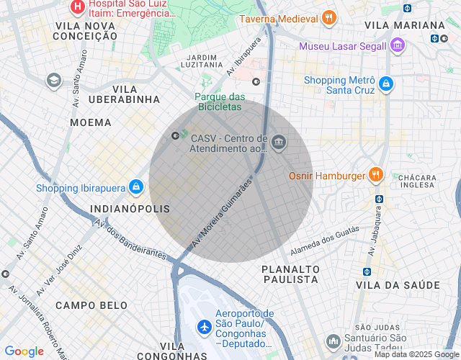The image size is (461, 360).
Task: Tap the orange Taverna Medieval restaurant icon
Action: click(x=328, y=19)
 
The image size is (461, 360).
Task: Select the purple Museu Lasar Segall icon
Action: click(x=398, y=47)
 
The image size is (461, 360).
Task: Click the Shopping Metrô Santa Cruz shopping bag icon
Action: click(x=387, y=84)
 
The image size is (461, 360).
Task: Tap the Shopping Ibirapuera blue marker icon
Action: click(x=135, y=188)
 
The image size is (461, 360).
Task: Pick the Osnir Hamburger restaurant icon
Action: click(x=375, y=175)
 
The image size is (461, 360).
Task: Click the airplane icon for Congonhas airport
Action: click(x=204, y=326)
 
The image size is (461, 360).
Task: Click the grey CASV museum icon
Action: click(x=278, y=143)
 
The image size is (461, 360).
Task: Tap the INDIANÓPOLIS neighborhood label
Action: click(x=130, y=209)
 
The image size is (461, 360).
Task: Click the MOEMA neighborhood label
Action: click(x=91, y=122)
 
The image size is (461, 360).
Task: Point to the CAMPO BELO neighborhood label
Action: click(x=92, y=305)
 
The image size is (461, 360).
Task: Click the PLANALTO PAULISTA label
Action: click(x=290, y=274)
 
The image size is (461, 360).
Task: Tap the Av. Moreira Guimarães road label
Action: click(x=223, y=215)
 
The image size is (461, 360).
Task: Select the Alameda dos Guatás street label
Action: click(x=324, y=241)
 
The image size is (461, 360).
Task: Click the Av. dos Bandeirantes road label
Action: click(x=132, y=240)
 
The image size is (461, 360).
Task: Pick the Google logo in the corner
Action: click(x=24, y=351)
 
